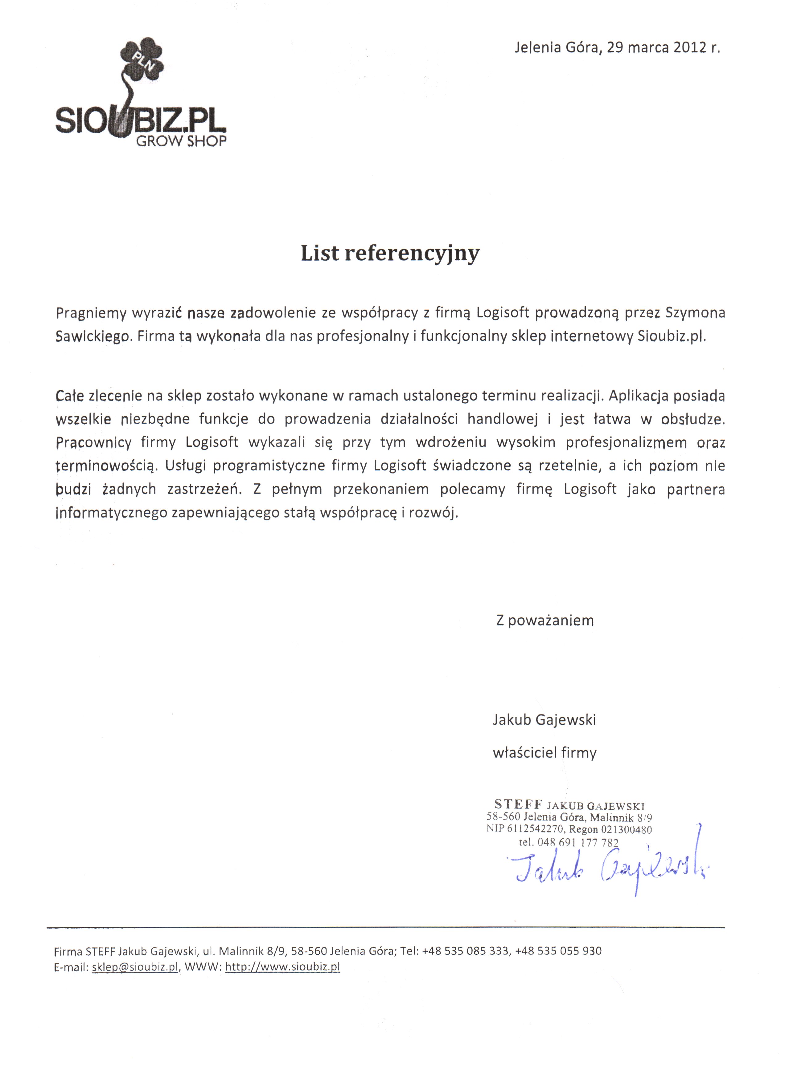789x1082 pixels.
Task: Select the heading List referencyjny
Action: click(390, 253)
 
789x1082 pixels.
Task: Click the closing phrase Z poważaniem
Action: click(545, 620)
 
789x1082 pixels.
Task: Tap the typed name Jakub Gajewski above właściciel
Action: click(544, 719)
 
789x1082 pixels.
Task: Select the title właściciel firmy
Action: click(544, 753)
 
